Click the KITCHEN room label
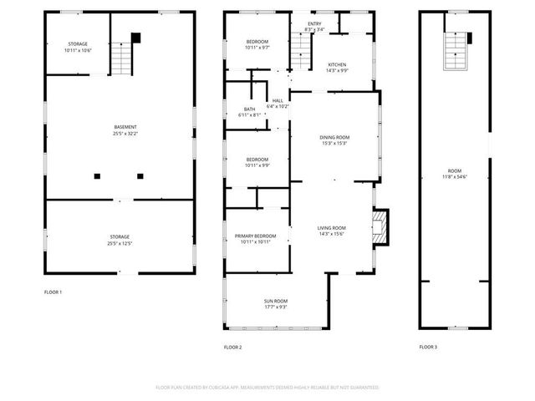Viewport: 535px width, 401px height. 337,64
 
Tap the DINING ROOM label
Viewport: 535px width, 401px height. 334,137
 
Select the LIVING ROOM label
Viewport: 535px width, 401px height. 331,228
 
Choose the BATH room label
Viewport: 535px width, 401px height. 249,109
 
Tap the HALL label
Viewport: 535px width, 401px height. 278,100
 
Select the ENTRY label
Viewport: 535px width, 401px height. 314,23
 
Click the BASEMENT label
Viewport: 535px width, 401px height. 125,127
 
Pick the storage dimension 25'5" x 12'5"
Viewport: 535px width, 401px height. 120,243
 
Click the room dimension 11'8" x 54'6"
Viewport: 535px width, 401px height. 455,176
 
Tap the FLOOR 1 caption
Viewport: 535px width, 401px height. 53,292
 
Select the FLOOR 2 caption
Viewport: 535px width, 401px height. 232,347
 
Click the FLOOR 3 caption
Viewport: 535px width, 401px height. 428,347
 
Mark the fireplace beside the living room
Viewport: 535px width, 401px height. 381,226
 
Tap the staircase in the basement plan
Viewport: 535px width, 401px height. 123,56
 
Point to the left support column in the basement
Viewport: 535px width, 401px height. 97,175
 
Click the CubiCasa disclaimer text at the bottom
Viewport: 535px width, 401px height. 267,388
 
